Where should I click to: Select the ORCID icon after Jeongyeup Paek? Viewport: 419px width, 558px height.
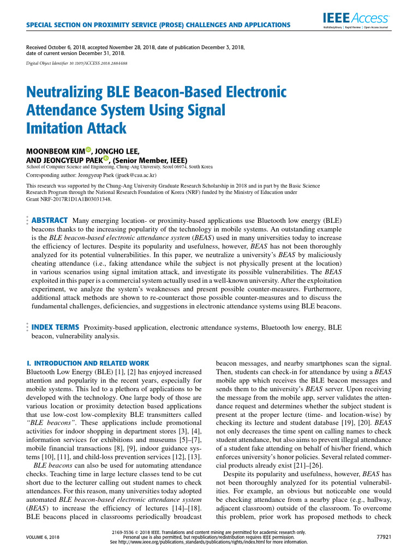point(106,159)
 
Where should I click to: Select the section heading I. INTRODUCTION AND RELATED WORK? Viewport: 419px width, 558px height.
point(88,363)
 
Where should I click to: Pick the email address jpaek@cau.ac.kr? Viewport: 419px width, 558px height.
point(135,176)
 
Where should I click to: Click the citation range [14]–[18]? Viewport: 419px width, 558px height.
point(184,508)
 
